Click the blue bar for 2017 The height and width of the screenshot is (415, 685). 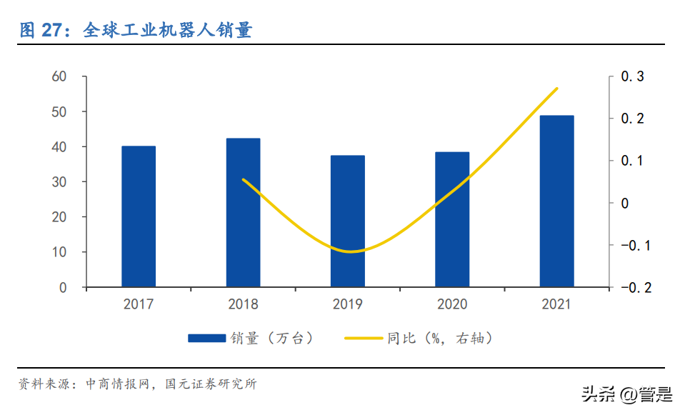tap(139, 216)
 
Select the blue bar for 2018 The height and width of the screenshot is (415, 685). tap(243, 213)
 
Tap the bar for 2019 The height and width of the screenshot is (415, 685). tap(348, 221)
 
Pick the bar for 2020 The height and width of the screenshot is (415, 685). tap(452, 219)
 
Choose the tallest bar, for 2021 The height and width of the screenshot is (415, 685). tap(556, 201)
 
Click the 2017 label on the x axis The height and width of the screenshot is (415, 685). tap(139, 305)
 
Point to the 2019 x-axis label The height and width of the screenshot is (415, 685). tap(348, 305)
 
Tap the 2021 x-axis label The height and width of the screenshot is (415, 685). tap(556, 305)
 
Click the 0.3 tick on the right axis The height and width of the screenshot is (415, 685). tap(632, 76)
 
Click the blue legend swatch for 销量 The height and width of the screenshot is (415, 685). tap(206, 339)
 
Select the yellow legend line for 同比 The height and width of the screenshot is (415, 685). tap(364, 339)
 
